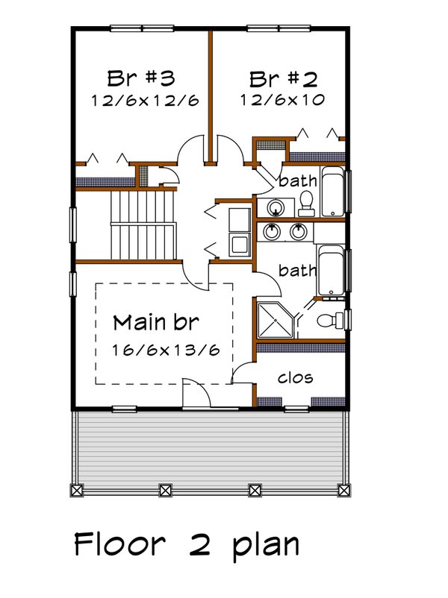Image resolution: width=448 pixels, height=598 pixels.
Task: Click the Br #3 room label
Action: (x=140, y=78)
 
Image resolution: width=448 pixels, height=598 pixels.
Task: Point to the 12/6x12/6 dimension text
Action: (x=145, y=100)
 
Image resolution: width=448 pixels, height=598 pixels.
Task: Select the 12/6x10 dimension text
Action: (x=283, y=100)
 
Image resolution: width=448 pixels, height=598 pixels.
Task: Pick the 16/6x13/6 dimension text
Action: (x=167, y=349)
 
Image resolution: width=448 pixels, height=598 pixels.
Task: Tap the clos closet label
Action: (x=295, y=378)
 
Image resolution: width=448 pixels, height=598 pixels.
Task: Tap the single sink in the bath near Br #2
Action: (x=276, y=207)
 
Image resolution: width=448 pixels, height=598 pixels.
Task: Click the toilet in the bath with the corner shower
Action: (x=329, y=321)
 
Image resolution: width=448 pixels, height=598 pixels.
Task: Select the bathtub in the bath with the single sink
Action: (x=332, y=192)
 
